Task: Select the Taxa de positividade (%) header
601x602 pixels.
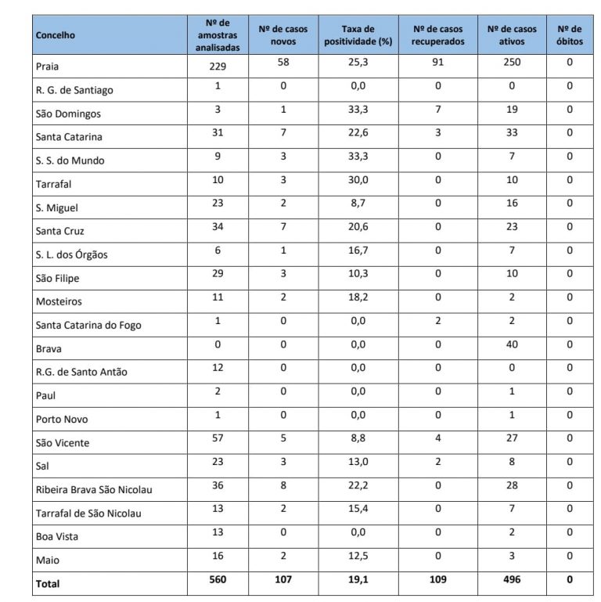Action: coord(358,35)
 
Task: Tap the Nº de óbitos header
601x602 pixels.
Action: coord(570,35)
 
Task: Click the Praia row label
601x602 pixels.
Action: coord(48,67)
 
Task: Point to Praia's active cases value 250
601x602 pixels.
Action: coord(512,63)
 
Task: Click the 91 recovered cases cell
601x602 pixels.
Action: coord(437,63)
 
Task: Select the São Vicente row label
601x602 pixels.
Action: coord(63,443)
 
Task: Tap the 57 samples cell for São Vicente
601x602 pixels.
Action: coord(218,438)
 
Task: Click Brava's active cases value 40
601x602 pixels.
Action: coord(512,344)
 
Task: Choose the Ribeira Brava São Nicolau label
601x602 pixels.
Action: coord(94,490)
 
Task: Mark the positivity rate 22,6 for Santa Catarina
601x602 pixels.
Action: coord(358,133)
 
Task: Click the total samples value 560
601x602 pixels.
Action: coord(218,580)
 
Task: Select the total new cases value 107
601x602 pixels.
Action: coord(283,580)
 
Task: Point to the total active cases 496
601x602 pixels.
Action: coord(512,580)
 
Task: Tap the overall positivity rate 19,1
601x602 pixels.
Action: coord(358,580)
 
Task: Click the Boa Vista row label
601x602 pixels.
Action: coord(57,537)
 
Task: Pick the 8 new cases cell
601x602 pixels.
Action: coord(283,485)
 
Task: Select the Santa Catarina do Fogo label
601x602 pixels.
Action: coord(88,326)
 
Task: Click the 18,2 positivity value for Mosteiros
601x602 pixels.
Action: coord(358,297)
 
